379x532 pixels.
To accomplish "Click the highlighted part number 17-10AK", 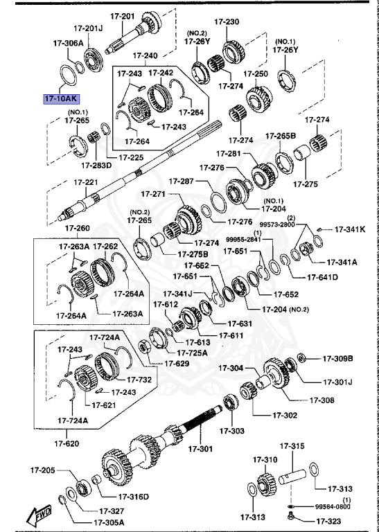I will (x=61, y=98).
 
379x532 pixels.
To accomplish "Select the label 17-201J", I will (x=88, y=28).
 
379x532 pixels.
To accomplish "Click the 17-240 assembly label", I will (x=145, y=55).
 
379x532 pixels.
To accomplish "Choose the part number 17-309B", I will (x=337, y=358).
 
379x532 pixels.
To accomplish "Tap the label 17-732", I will (x=139, y=380).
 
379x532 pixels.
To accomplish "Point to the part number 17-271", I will (x=156, y=194).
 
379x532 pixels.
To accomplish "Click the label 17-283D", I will (x=97, y=166).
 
